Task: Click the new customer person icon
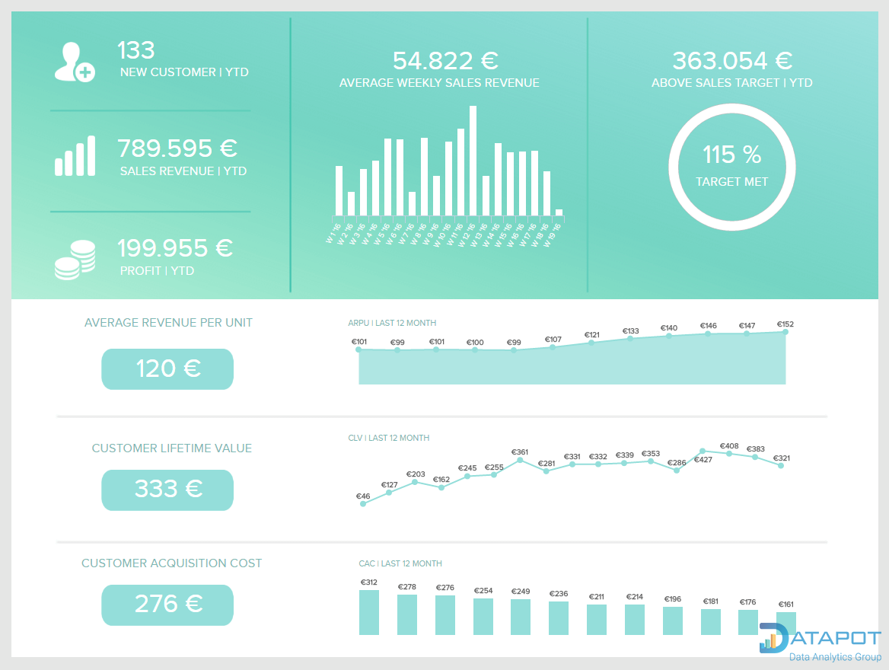pyautogui.click(x=74, y=62)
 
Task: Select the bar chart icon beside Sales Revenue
pyautogui.click(x=75, y=157)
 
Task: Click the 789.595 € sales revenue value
pyautogui.click(x=177, y=148)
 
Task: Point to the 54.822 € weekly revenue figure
pyautogui.click(x=444, y=61)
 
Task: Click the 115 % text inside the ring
pyautogui.click(x=731, y=155)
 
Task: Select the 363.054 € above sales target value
pyautogui.click(x=732, y=61)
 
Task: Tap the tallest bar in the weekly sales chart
pyautogui.click(x=473, y=161)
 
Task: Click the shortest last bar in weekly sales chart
pyautogui.click(x=559, y=212)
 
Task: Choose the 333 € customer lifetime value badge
pyautogui.click(x=167, y=490)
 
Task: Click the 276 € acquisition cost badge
pyautogui.click(x=167, y=605)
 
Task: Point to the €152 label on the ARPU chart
pyautogui.click(x=785, y=324)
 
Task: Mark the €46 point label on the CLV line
pyautogui.click(x=363, y=496)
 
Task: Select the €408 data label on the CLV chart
pyautogui.click(x=728, y=446)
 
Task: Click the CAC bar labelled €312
pyautogui.click(x=368, y=612)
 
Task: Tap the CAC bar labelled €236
pyautogui.click(x=559, y=617)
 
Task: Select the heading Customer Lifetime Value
pyautogui.click(x=171, y=448)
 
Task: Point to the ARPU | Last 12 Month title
pyautogui.click(x=392, y=323)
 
